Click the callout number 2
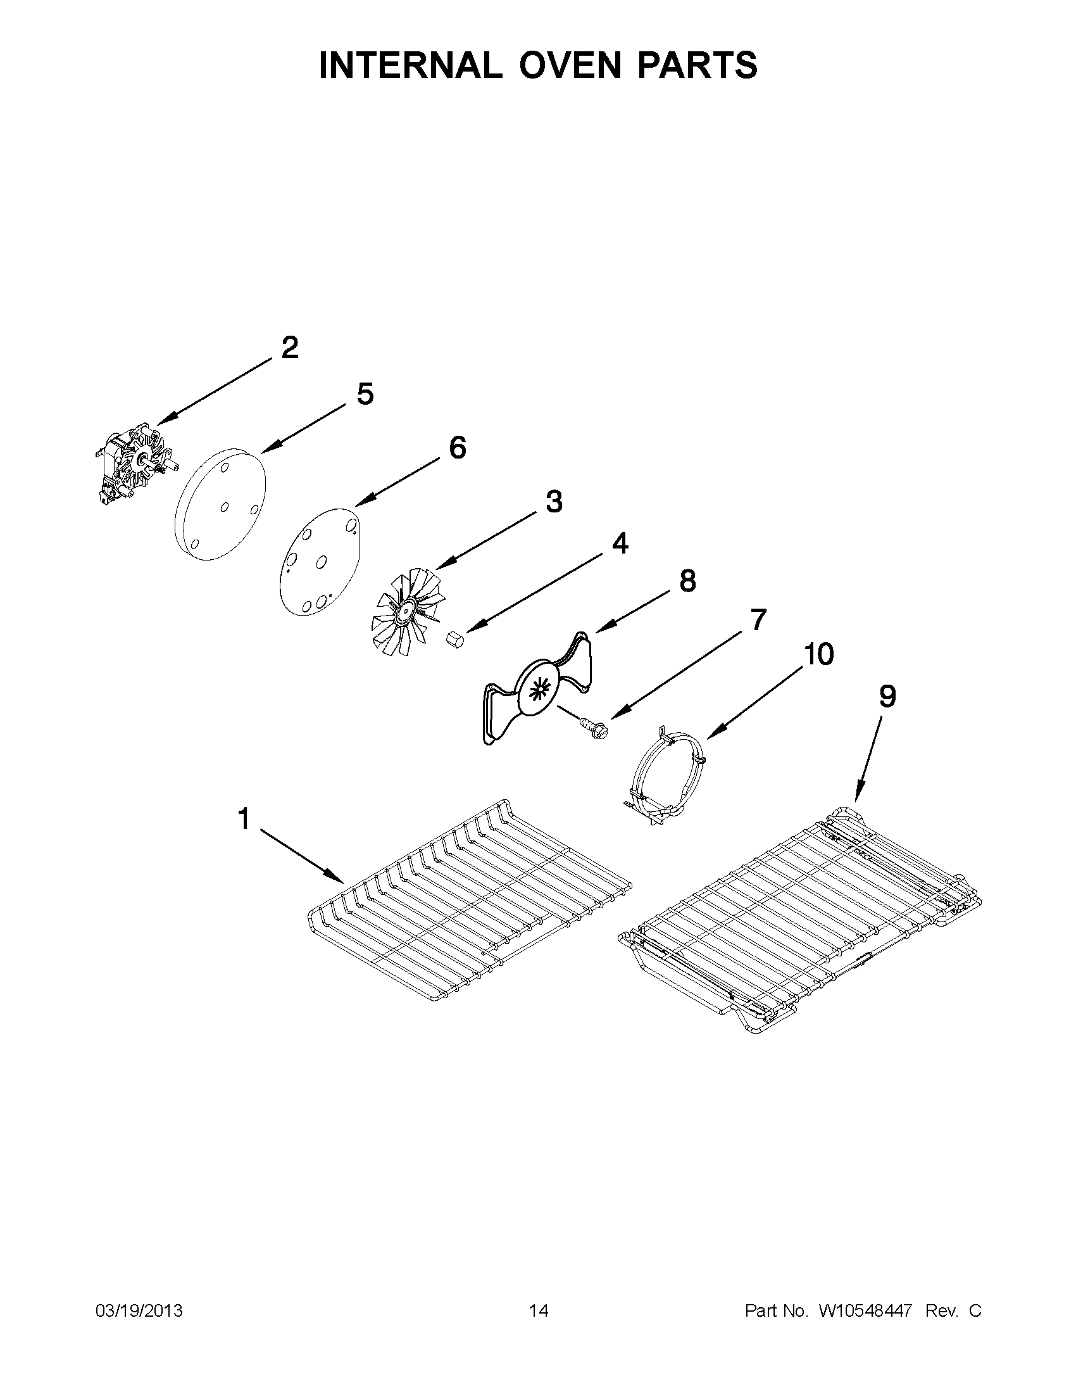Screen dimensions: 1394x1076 point(289,348)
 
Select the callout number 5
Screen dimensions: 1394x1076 point(365,394)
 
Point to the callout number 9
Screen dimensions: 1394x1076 point(887,696)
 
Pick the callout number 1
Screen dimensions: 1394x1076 point(243,818)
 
